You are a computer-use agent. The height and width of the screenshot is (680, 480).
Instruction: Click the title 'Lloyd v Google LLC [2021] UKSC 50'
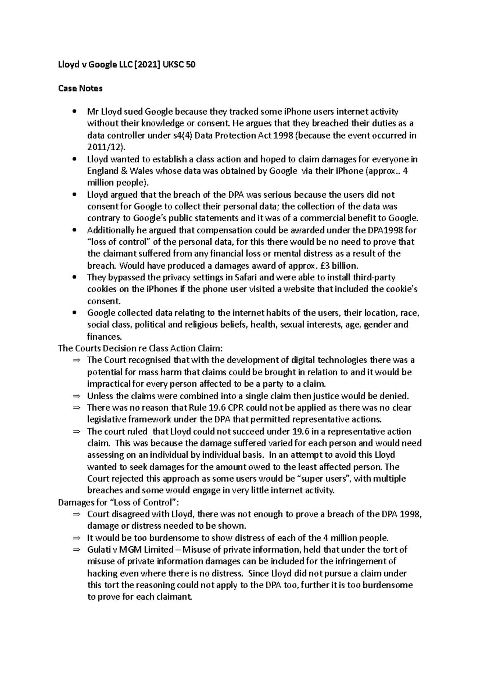[127, 64]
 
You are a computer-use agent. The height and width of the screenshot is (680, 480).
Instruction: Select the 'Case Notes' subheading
[80, 89]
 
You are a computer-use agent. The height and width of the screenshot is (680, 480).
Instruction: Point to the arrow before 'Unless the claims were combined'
[76, 396]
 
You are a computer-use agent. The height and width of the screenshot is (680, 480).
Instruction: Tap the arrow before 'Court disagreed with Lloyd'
[76, 514]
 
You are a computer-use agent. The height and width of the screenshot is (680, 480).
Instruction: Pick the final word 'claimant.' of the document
[175, 597]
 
